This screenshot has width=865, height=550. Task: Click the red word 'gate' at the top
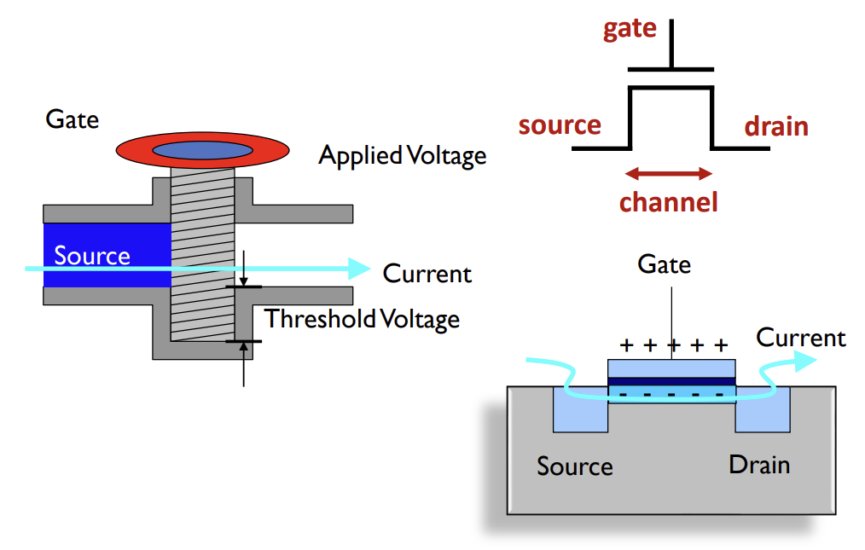[x=630, y=28]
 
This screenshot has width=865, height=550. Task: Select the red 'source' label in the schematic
[x=560, y=125]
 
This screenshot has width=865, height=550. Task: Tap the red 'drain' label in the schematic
[x=775, y=127]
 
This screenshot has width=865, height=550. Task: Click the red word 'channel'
[x=668, y=202]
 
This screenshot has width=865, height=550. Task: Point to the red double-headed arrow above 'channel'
[x=668, y=174]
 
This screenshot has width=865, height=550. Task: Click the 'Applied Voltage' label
[x=403, y=156]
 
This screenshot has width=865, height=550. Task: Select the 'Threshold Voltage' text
[x=362, y=319]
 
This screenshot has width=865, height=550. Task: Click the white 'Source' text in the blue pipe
[x=92, y=256]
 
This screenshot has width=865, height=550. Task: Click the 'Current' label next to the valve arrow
[x=427, y=274]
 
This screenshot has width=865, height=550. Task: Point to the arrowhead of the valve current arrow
[x=362, y=269]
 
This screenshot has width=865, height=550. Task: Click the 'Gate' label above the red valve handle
[x=72, y=119]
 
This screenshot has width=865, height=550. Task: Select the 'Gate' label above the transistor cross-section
[x=664, y=264]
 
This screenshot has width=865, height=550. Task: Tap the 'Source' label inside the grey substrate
[x=574, y=466]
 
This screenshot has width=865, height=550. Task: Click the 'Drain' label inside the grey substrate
[x=758, y=465]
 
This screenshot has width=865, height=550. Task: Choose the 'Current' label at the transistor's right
[x=800, y=338]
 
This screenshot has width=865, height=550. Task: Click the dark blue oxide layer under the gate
[x=671, y=381]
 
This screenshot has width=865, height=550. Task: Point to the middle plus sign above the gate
[x=672, y=345]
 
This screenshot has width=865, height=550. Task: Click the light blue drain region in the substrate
[x=763, y=413]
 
